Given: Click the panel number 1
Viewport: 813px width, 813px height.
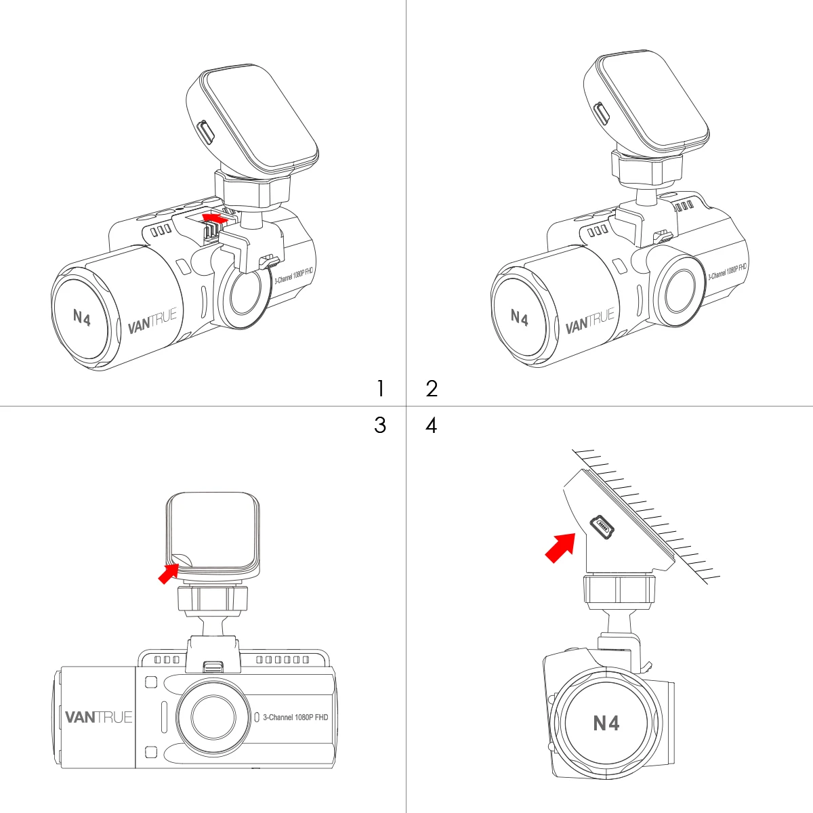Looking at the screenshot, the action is (x=381, y=388).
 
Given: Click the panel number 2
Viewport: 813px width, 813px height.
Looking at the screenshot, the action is (x=432, y=389).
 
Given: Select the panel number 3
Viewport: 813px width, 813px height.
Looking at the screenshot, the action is (x=380, y=425).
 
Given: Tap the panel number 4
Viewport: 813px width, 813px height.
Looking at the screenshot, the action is (x=431, y=425).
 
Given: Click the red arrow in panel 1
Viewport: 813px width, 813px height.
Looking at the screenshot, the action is (x=215, y=218).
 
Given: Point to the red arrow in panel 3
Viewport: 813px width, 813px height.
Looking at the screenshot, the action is (x=169, y=573).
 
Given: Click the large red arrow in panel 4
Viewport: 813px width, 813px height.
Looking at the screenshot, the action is (x=560, y=547).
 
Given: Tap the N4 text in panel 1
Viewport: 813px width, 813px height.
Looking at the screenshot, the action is (x=81, y=317).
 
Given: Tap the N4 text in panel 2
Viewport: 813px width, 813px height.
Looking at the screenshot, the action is (x=519, y=318).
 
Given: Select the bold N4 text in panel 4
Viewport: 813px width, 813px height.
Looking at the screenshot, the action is (x=606, y=723).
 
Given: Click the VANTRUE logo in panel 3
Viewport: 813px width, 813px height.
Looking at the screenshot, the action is (x=99, y=717).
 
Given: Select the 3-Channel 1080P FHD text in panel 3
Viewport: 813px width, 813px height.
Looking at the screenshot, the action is (x=295, y=717).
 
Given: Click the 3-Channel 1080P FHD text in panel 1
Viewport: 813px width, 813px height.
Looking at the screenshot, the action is (x=293, y=275).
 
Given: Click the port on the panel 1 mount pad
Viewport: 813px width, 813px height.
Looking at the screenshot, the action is (x=207, y=131).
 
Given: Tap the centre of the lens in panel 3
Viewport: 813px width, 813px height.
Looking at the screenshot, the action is (x=213, y=716).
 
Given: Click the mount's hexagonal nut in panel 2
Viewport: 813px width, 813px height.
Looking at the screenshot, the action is (x=647, y=169).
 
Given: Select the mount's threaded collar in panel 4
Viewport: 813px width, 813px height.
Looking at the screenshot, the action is (x=619, y=590).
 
